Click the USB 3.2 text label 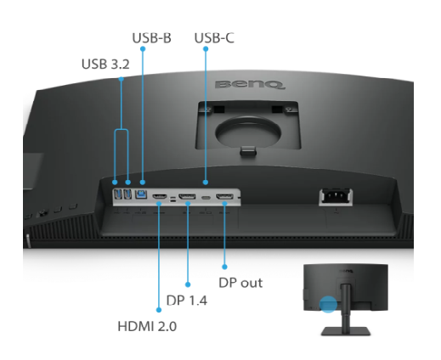pos(105,64)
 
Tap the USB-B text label pos(152,38)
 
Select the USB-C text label pos(214,38)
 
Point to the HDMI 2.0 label pos(147,326)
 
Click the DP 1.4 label pos(187,301)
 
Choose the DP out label pos(240,283)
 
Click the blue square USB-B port pos(141,194)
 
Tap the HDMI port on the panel pos(160,196)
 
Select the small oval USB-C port pos(206,197)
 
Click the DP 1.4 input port pos(187,196)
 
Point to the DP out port pos(224,196)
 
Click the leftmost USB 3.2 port pos(117,194)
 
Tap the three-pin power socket pos(336,196)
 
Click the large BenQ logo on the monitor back pos(250,85)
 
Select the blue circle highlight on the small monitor pos(328,305)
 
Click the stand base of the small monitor pos(346,331)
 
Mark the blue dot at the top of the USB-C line pos(206,49)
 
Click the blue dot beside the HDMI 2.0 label pos(159,310)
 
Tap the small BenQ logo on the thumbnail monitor pos(346,272)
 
